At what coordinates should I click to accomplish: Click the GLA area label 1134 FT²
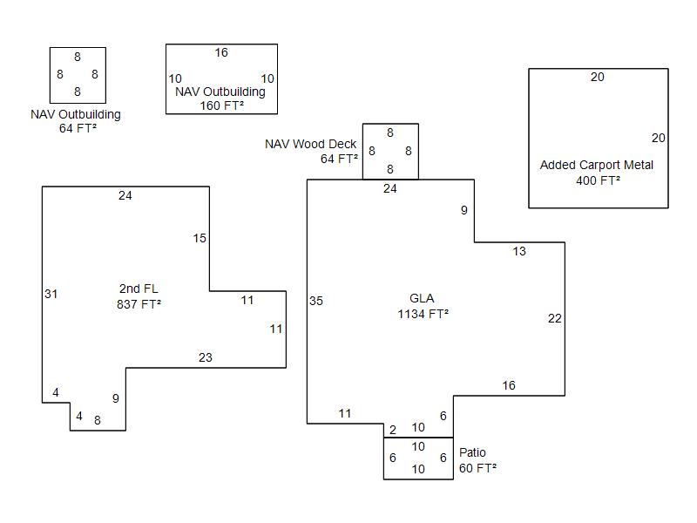(x=423, y=314)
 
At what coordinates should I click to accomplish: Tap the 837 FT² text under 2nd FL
(x=139, y=304)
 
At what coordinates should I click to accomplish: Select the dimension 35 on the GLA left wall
(x=315, y=301)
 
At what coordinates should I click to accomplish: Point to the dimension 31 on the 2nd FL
(x=51, y=294)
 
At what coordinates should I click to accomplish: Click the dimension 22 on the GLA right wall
(x=554, y=318)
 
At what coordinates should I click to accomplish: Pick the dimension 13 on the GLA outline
(x=519, y=251)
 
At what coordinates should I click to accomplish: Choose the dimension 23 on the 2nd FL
(x=205, y=357)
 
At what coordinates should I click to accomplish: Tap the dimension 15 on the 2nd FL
(x=200, y=238)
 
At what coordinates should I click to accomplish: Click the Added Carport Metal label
(x=596, y=165)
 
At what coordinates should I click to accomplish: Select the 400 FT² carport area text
(x=598, y=180)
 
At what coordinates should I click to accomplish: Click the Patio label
(x=472, y=452)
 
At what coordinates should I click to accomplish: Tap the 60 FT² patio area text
(x=477, y=468)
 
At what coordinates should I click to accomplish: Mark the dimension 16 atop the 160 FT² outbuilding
(x=221, y=53)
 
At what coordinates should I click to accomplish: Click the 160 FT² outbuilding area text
(x=221, y=105)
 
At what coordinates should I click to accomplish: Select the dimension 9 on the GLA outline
(x=464, y=210)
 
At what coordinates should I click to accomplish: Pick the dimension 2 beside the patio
(x=392, y=430)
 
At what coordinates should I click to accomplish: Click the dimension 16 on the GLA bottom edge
(x=509, y=385)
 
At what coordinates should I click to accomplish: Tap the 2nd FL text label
(x=139, y=289)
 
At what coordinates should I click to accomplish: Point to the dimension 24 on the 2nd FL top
(x=125, y=195)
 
